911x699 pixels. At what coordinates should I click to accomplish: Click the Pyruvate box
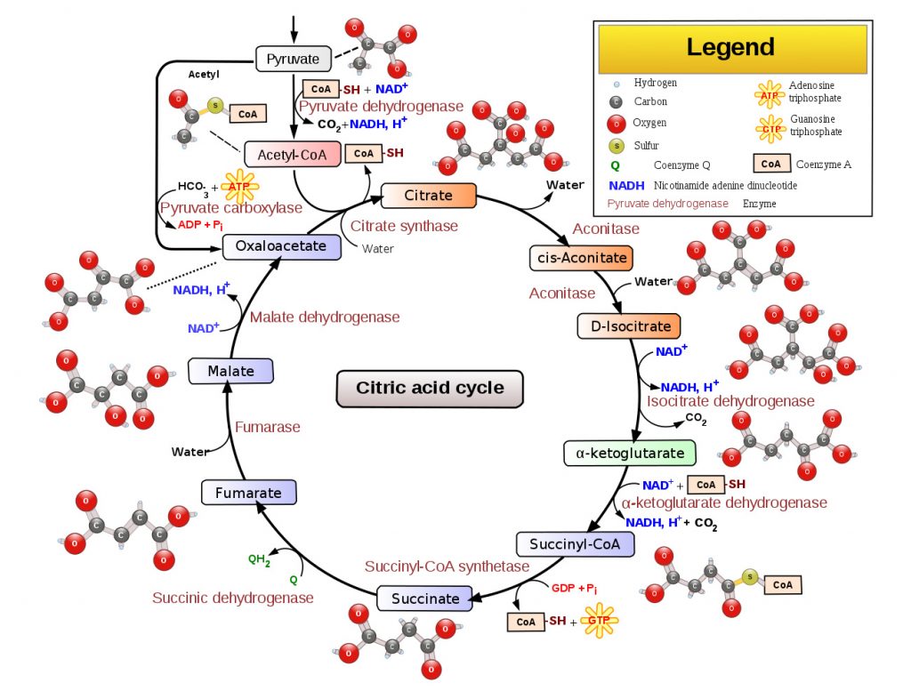tap(294, 59)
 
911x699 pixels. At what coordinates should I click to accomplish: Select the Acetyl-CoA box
tap(292, 155)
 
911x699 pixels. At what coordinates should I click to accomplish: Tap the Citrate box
tap(428, 195)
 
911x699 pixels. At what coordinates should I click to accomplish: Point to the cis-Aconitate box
tap(581, 258)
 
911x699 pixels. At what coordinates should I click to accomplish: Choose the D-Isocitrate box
tap(629, 326)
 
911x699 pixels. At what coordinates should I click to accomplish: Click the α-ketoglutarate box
tap(630, 453)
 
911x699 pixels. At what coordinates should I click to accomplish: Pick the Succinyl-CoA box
tap(576, 544)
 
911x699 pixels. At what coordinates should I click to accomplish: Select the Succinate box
tap(424, 599)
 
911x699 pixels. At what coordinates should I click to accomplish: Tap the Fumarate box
tap(249, 493)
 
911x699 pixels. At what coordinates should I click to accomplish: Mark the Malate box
tap(230, 371)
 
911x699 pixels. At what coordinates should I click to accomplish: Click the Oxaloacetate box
tap(281, 246)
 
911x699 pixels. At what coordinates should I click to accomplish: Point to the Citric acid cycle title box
tap(430, 389)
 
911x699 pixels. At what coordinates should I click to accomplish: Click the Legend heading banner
tap(733, 49)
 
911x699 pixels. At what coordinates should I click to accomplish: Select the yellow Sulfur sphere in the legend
tap(617, 146)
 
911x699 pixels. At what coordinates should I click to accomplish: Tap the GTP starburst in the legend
tap(771, 129)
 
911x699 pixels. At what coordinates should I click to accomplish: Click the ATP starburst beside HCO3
tap(239, 187)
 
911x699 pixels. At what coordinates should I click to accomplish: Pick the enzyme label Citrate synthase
tap(404, 226)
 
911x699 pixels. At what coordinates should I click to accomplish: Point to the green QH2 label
tap(259, 559)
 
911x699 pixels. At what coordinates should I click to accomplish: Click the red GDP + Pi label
tap(574, 588)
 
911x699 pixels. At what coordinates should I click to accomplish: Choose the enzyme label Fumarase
tap(267, 427)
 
